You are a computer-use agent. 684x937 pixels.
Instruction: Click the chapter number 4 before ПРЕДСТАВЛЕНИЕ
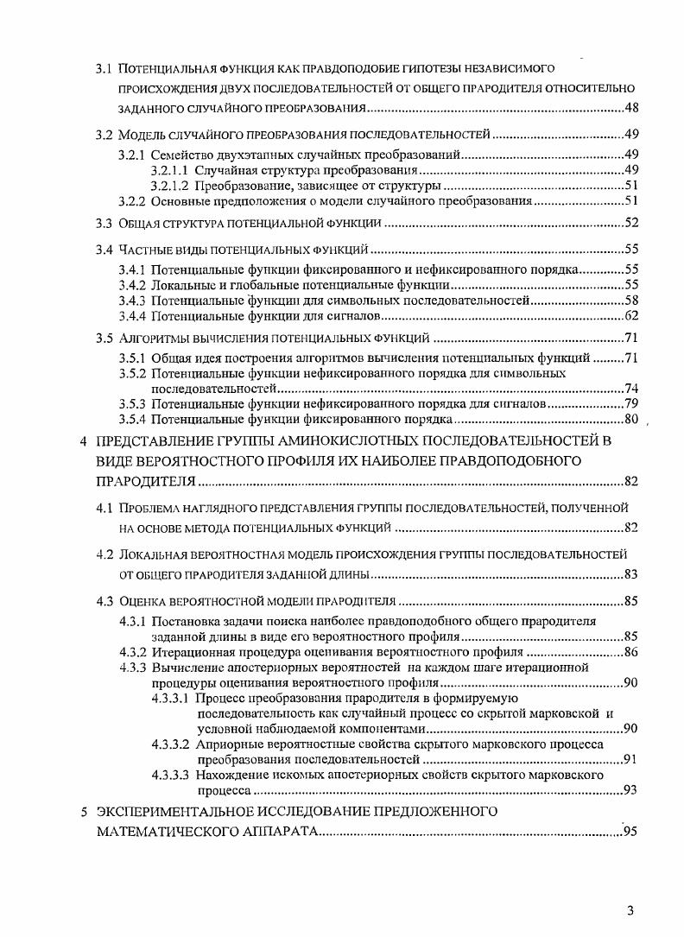click(x=83, y=441)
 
